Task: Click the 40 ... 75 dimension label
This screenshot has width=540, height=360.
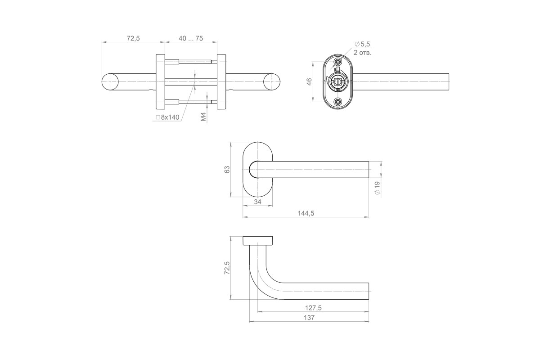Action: point(191,38)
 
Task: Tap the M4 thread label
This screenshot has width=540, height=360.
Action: point(203,117)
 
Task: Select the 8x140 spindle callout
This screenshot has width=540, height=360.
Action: point(168,117)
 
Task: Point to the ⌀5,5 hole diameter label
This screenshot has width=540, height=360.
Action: point(362,44)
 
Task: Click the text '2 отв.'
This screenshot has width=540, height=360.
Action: point(362,53)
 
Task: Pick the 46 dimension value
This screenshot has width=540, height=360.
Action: point(309,82)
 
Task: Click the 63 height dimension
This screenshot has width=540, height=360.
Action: point(227,170)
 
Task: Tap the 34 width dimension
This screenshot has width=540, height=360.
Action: point(257,202)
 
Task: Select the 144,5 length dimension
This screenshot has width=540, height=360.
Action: point(306,213)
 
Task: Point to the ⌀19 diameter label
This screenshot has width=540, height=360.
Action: point(377,188)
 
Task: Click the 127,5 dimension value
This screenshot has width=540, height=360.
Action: point(313,308)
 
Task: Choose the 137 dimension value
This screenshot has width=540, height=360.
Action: point(309,318)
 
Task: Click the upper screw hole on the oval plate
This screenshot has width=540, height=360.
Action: point(338,62)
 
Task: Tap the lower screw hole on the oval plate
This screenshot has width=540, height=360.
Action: point(338,102)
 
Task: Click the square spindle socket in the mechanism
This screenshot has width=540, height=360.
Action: point(337,82)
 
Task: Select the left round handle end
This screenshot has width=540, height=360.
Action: point(110,82)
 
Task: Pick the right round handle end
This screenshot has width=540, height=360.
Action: point(272,82)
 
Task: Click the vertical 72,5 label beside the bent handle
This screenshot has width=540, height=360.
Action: point(227,268)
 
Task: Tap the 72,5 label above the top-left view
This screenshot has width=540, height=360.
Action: point(133,38)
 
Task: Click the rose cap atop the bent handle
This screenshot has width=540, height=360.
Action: point(257,241)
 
